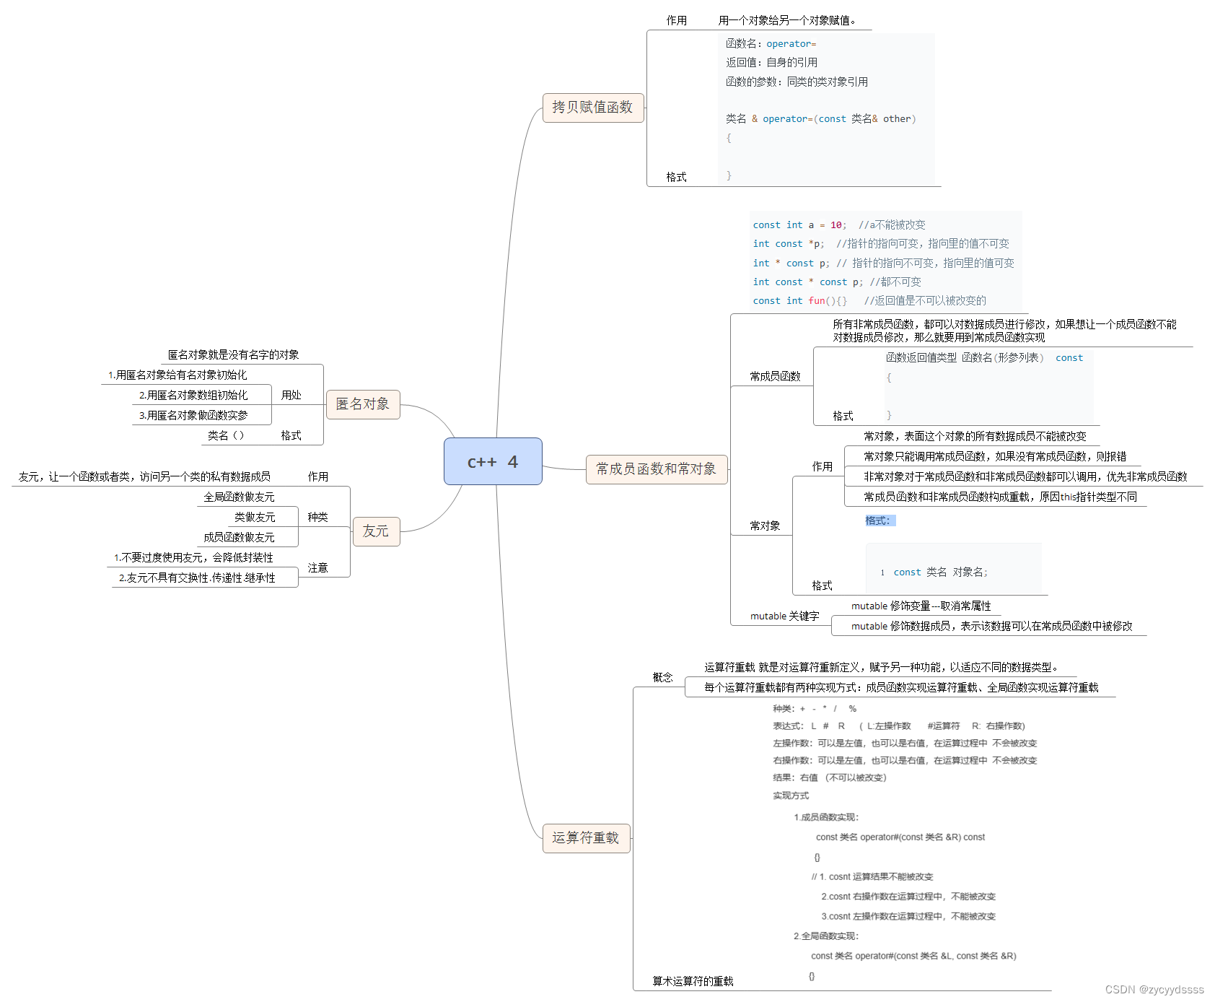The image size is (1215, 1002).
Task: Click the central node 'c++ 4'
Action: point(493,461)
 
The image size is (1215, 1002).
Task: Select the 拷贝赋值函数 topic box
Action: point(592,108)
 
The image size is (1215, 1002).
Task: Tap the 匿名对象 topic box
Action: point(363,404)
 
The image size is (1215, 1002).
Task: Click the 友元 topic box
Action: point(376,531)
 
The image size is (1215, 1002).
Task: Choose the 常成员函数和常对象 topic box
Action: point(656,469)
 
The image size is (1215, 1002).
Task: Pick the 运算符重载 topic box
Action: point(586,838)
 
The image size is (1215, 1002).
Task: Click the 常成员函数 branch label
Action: point(775,376)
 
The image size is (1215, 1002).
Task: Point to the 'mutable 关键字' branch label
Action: point(784,616)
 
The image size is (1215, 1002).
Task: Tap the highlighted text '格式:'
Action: point(880,520)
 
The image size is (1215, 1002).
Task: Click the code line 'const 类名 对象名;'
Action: point(940,572)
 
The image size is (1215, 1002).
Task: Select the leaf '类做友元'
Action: point(255,517)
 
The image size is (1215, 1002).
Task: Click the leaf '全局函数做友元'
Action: point(239,497)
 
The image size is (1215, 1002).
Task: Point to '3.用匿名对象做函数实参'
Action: point(193,415)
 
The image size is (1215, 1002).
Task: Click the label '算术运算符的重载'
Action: point(693,981)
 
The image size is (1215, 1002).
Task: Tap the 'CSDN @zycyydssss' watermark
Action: point(1154,990)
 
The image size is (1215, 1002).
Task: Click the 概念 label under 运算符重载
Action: point(662,677)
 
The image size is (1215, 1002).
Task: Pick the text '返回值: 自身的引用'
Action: point(771,63)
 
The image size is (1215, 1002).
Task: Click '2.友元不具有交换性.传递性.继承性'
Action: point(197,578)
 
